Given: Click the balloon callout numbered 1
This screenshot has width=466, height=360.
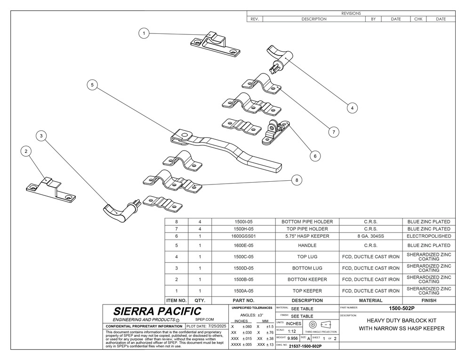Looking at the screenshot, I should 145,33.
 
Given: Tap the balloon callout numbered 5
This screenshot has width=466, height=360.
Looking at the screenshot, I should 93,85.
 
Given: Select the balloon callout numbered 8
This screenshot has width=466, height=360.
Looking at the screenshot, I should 296,179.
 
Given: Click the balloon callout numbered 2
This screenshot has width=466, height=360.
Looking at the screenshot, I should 26,151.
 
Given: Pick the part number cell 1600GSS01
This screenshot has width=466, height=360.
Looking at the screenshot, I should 244,236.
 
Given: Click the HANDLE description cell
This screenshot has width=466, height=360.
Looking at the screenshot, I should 307,246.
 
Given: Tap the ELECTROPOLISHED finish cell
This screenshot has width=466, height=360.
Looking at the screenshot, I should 429,236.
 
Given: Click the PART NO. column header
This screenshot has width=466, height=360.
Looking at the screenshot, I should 244,300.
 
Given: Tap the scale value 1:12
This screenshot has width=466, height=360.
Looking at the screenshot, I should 292,331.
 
